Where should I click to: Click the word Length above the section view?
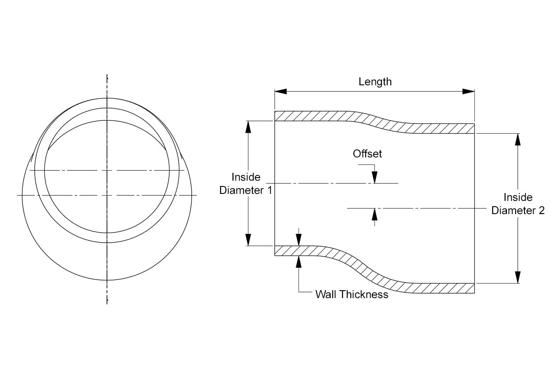(x=375, y=82)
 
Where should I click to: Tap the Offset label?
(x=367, y=154)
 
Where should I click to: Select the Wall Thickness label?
(x=352, y=295)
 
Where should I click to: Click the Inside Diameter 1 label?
(x=246, y=184)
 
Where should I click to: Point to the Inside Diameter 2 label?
(x=518, y=204)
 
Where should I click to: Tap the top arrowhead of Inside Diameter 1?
(x=248, y=127)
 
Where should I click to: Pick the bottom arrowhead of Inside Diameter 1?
(x=248, y=240)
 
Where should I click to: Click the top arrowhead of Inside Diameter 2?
(x=518, y=139)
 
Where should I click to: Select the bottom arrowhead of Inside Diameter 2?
(x=518, y=277)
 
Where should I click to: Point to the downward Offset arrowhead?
(x=375, y=177)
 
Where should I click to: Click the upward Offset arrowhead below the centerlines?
(x=375, y=214)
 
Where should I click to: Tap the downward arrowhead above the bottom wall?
(x=299, y=240)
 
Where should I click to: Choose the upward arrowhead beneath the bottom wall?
(x=299, y=261)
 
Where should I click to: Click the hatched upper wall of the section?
(x=316, y=116)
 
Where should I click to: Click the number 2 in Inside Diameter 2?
(x=541, y=211)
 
